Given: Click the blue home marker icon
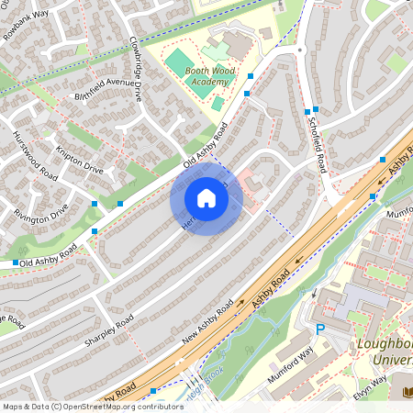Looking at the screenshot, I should (x=206, y=197).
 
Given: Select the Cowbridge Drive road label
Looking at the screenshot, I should (x=135, y=68).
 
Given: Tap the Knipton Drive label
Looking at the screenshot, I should (x=80, y=157).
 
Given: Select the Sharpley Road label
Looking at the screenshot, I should (x=109, y=331).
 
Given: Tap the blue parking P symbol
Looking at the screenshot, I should (x=320, y=329).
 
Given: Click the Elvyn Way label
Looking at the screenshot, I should (x=370, y=385).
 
